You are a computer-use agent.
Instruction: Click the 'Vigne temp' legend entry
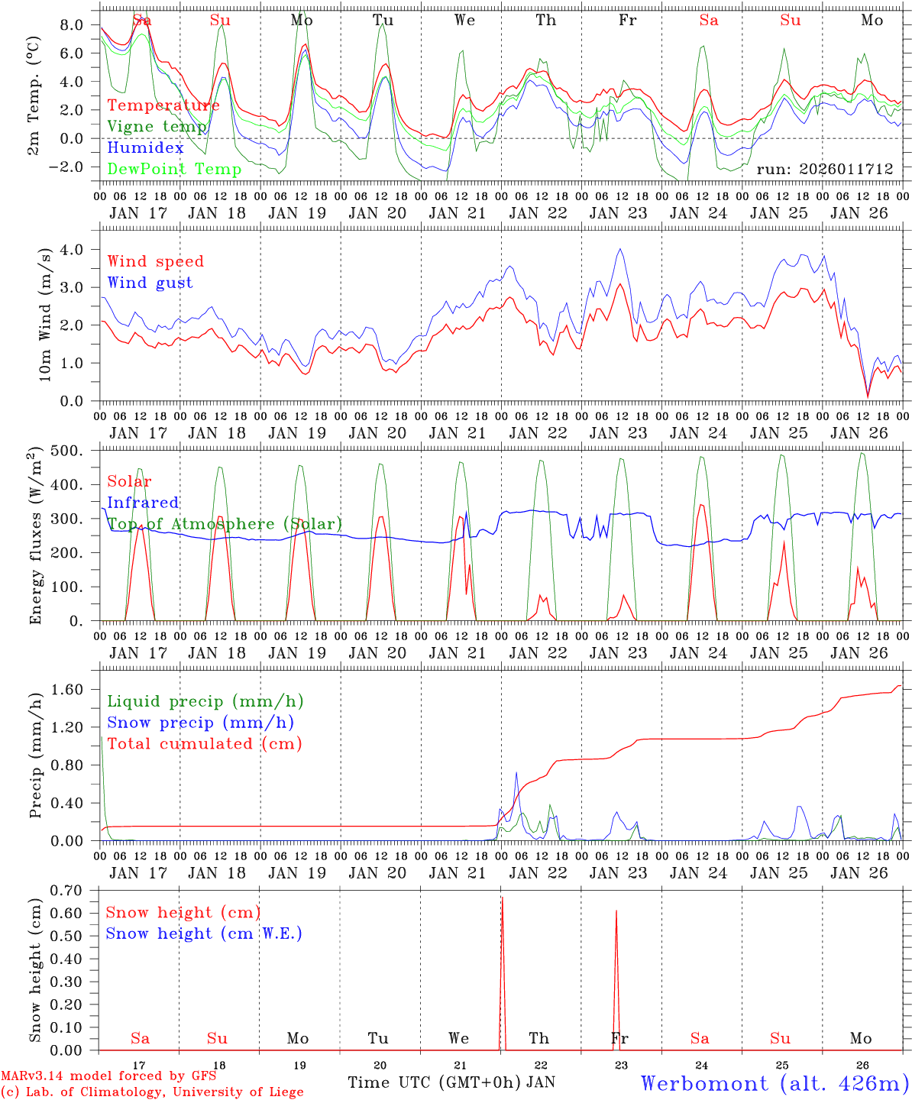click(x=157, y=126)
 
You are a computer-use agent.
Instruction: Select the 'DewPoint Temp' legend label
click(x=174, y=169)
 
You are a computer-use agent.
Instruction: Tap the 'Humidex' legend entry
click(x=145, y=147)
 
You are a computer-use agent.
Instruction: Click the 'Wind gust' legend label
click(x=150, y=283)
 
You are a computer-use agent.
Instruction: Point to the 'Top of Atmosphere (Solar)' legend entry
click(x=225, y=524)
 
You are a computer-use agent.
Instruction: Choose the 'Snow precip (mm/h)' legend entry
click(x=200, y=723)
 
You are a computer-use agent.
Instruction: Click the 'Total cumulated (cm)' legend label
click(x=205, y=743)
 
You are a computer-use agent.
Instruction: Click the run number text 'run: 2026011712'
click(x=824, y=169)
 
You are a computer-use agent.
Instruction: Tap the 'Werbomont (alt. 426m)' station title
click(x=775, y=1083)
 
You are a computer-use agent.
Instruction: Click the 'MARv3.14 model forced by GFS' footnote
click(x=108, y=1076)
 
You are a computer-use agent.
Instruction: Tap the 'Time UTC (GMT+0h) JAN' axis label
click(x=451, y=1082)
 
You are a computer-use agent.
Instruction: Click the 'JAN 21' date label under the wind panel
click(x=457, y=433)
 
